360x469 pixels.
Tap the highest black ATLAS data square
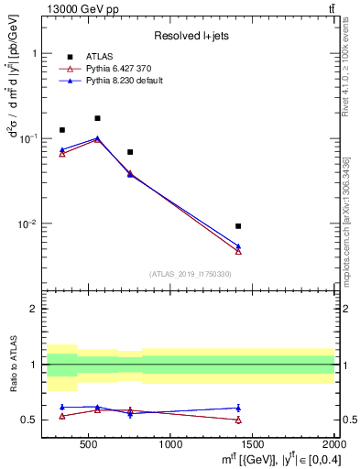tap(98, 118)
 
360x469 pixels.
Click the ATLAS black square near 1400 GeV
tap(238, 225)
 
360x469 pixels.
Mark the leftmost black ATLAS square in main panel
tap(62, 130)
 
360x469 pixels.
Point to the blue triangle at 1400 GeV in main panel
tap(238, 245)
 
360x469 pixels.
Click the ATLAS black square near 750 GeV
tap(130, 152)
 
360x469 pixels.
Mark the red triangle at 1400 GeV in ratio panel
tap(238, 420)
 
